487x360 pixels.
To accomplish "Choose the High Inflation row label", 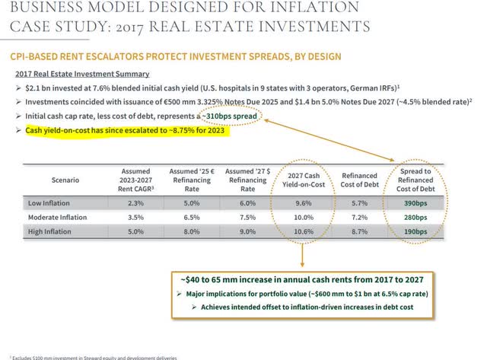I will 52,230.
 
